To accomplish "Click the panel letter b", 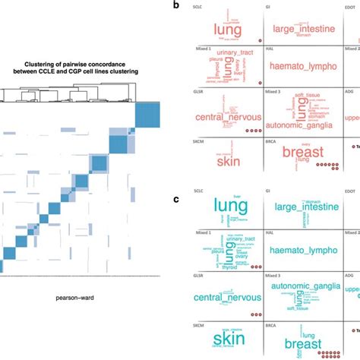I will [176, 5].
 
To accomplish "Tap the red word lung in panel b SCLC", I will [227, 30].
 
